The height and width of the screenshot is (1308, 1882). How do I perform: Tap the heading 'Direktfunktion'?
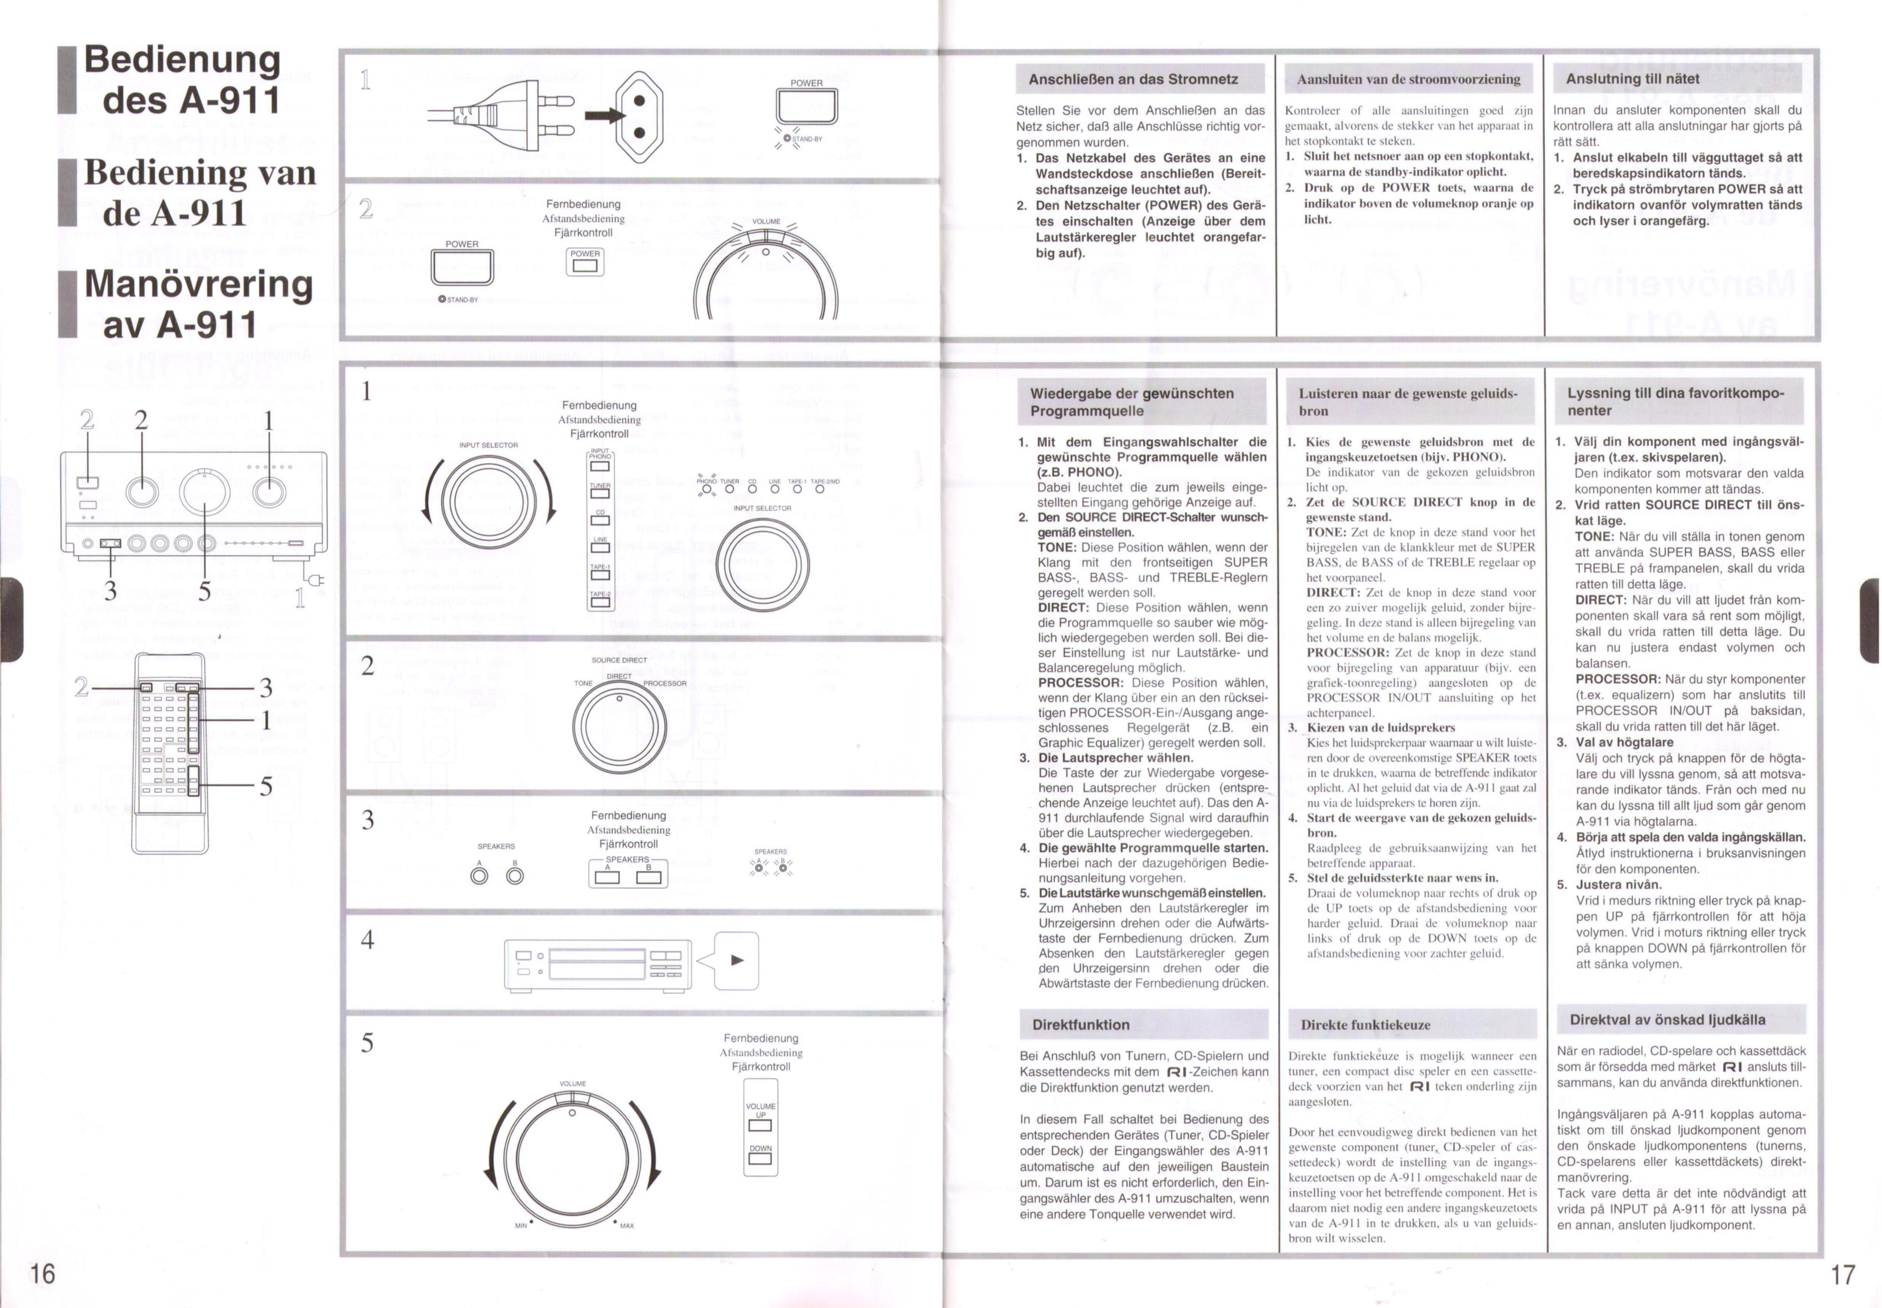(1080, 1024)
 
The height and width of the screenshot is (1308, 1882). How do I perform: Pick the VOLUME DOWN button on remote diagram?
(760, 1158)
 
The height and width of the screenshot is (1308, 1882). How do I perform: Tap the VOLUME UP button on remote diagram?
(760, 1125)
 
